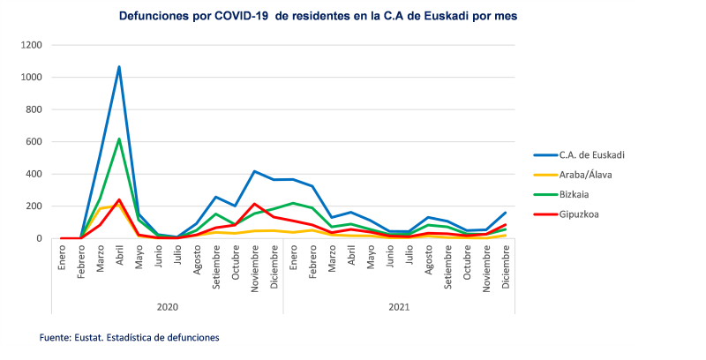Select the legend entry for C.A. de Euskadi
[591, 155]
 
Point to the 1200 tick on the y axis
[31, 45]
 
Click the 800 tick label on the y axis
[34, 109]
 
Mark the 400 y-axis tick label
[34, 174]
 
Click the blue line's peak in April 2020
[119, 66]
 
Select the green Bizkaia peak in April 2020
[119, 139]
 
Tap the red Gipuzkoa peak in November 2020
[254, 204]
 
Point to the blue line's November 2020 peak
[254, 171]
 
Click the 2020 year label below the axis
[167, 306]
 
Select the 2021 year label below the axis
[399, 306]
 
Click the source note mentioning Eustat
[129, 337]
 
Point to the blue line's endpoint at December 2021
[506, 213]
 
